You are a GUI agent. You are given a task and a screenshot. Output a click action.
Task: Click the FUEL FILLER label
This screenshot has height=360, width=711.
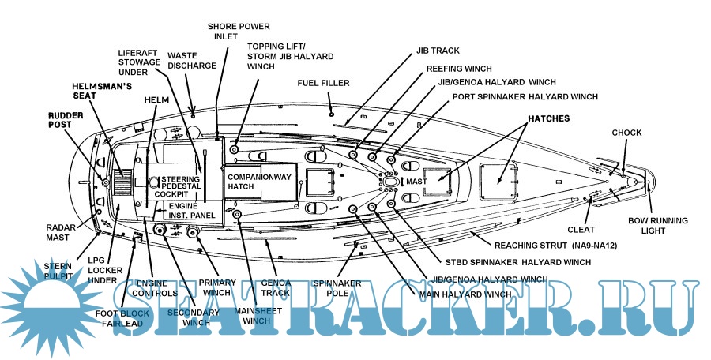pos(323,83)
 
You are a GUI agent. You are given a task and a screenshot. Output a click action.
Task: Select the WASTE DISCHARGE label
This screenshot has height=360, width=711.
pos(192,60)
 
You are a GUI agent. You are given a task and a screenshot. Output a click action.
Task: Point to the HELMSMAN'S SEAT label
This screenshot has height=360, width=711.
pos(96,90)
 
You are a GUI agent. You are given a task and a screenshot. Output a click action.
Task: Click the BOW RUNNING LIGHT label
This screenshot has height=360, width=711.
pos(657,226)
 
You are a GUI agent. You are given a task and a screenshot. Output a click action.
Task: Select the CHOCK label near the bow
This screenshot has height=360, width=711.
pos(626,132)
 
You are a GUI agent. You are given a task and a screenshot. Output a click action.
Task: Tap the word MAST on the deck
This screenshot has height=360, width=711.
pos(416,182)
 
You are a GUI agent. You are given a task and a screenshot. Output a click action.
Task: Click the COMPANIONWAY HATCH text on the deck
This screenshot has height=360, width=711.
pos(261,182)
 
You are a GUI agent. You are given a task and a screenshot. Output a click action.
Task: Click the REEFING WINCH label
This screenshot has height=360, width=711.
pos(460,69)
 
